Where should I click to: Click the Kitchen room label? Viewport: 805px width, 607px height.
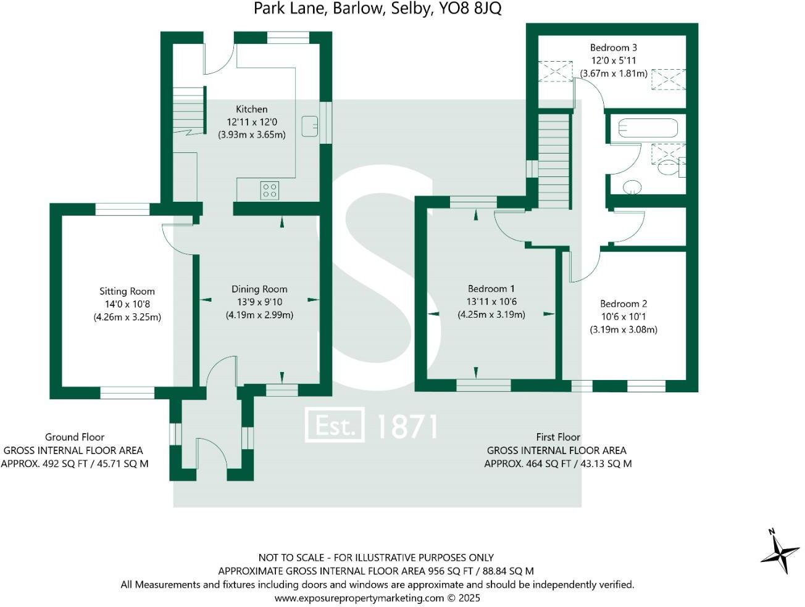click(x=251, y=109)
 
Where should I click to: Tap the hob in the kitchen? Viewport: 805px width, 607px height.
click(x=269, y=190)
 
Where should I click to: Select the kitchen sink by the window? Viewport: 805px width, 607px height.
click(x=310, y=126)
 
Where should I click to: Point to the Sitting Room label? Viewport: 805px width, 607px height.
click(x=127, y=291)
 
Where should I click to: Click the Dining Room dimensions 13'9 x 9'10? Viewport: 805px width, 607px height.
click(x=259, y=302)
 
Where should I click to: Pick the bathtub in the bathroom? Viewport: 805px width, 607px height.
click(x=648, y=129)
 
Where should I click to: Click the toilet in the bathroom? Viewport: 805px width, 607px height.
click(x=669, y=167)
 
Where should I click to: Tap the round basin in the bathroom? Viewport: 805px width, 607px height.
click(x=632, y=186)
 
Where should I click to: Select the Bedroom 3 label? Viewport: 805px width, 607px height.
click(x=613, y=47)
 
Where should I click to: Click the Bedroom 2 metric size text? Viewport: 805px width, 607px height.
click(x=624, y=329)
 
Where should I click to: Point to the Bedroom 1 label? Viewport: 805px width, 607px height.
click(x=491, y=289)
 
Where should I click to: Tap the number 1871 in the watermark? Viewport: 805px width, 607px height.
click(x=407, y=426)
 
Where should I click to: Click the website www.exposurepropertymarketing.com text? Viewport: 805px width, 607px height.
click(x=359, y=598)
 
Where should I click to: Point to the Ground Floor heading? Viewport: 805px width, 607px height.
click(x=75, y=437)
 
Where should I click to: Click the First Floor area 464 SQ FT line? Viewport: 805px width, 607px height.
click(x=557, y=464)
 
